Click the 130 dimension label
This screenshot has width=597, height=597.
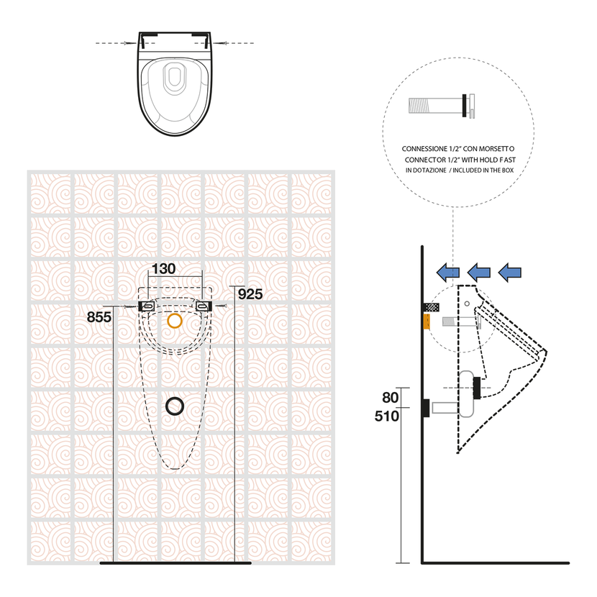[163, 269]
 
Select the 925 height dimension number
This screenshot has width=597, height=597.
[250, 294]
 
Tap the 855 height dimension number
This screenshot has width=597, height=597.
[99, 316]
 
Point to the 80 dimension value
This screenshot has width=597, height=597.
[391, 398]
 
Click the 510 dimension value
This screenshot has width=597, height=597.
[387, 416]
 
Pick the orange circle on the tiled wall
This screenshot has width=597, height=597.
[175, 321]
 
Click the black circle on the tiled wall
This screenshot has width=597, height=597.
[175, 406]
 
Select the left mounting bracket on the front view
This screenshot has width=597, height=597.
[146, 306]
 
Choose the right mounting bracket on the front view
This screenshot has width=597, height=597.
[204, 306]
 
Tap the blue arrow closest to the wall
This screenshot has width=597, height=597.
[447, 272]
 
